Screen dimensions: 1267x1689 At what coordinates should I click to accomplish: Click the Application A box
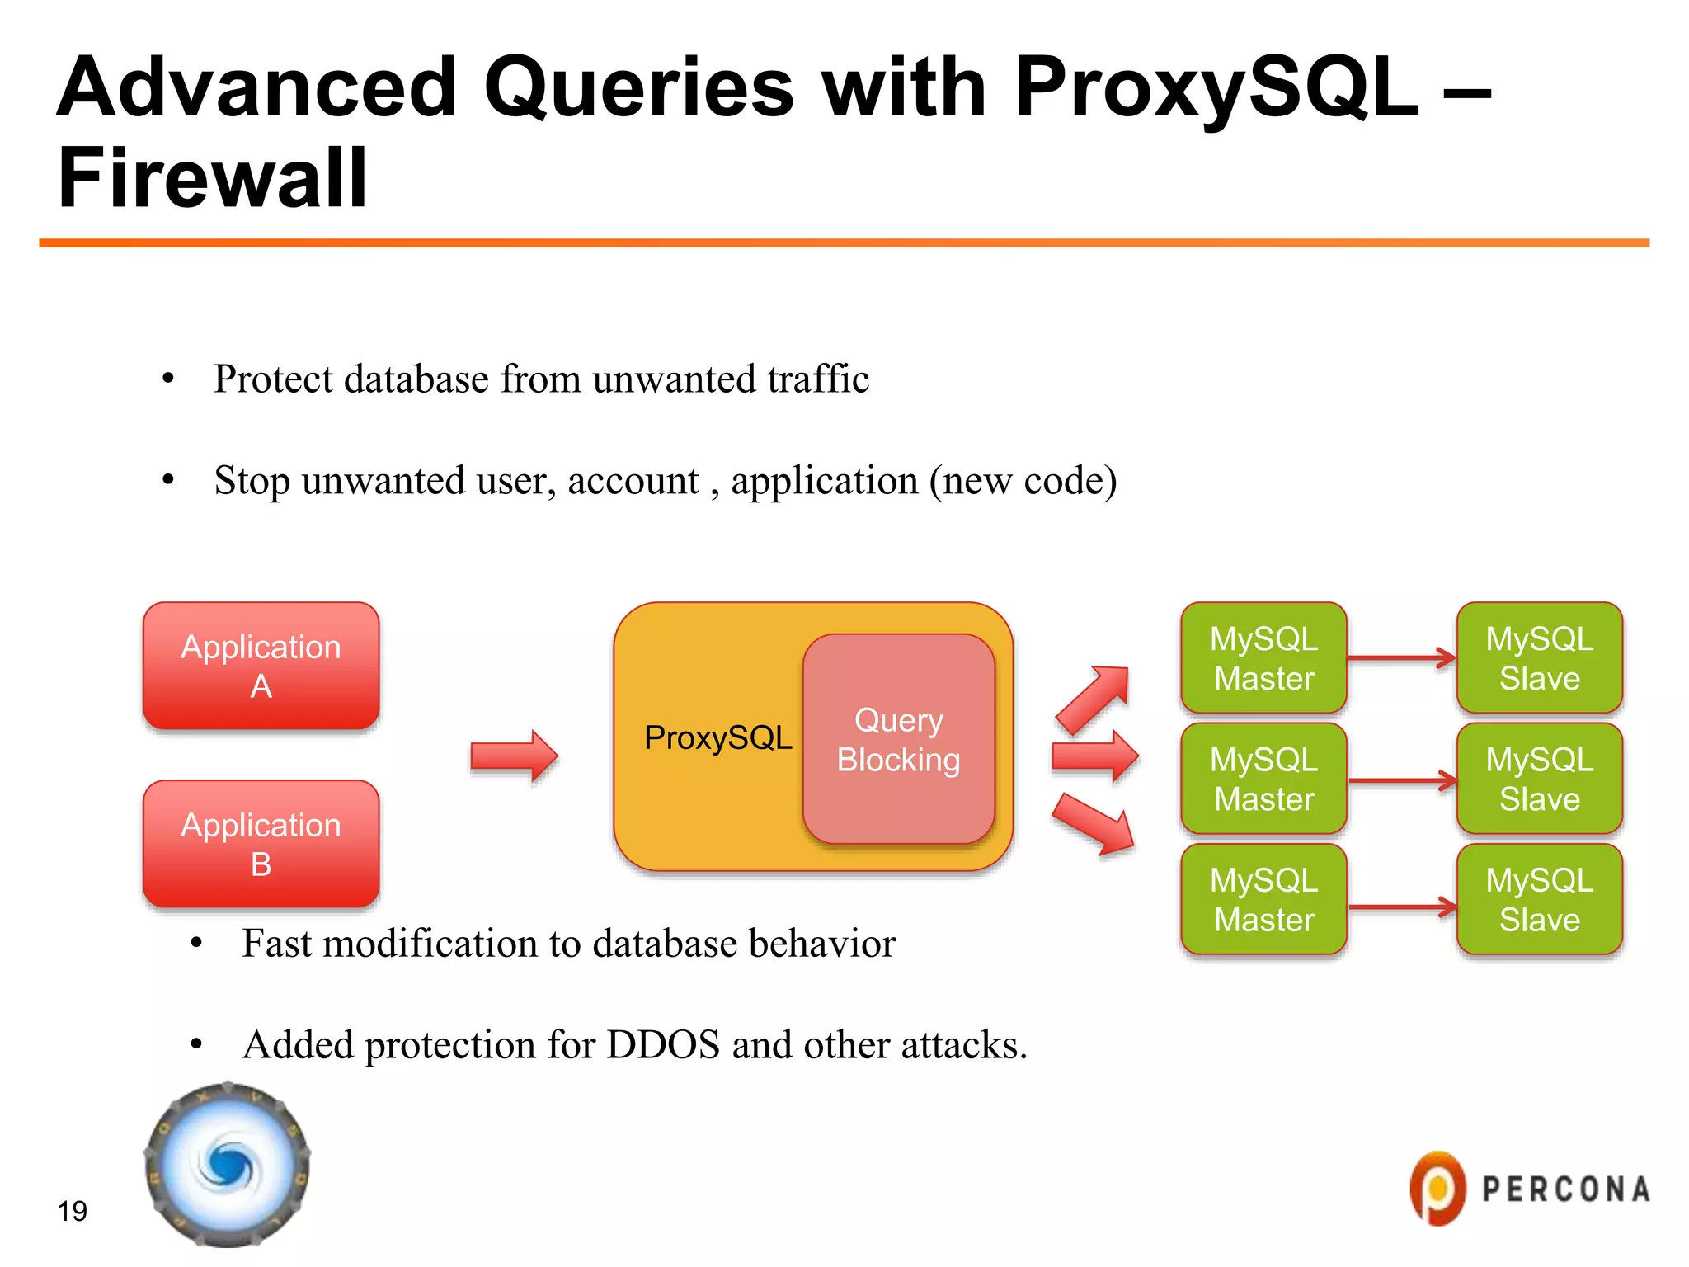pos(261,666)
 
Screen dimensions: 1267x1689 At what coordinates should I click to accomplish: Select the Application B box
pos(261,844)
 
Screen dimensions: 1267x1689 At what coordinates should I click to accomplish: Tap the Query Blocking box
pos(898,740)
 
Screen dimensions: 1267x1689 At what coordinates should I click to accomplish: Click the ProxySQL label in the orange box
pos(717,737)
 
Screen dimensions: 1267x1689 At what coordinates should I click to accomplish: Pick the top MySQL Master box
pos(1263,658)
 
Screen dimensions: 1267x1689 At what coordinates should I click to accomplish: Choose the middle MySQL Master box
pos(1263,779)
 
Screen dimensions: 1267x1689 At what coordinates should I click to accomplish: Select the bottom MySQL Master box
pos(1263,899)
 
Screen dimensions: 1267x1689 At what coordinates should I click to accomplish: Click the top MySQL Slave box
pos(1539,658)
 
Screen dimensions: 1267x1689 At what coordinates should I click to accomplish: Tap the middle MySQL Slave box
pos(1539,779)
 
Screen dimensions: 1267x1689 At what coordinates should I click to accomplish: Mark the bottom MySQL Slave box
pos(1539,899)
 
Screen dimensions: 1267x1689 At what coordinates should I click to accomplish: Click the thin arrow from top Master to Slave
pos(1401,658)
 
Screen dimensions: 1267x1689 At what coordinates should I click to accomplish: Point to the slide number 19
pos(73,1211)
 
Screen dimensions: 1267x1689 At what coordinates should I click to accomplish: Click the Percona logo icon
pos(1437,1189)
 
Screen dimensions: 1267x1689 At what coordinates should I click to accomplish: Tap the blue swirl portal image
pos(227,1165)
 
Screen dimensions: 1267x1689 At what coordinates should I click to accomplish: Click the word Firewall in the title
pos(212,178)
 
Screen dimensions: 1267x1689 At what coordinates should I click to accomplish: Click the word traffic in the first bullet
pos(817,379)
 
